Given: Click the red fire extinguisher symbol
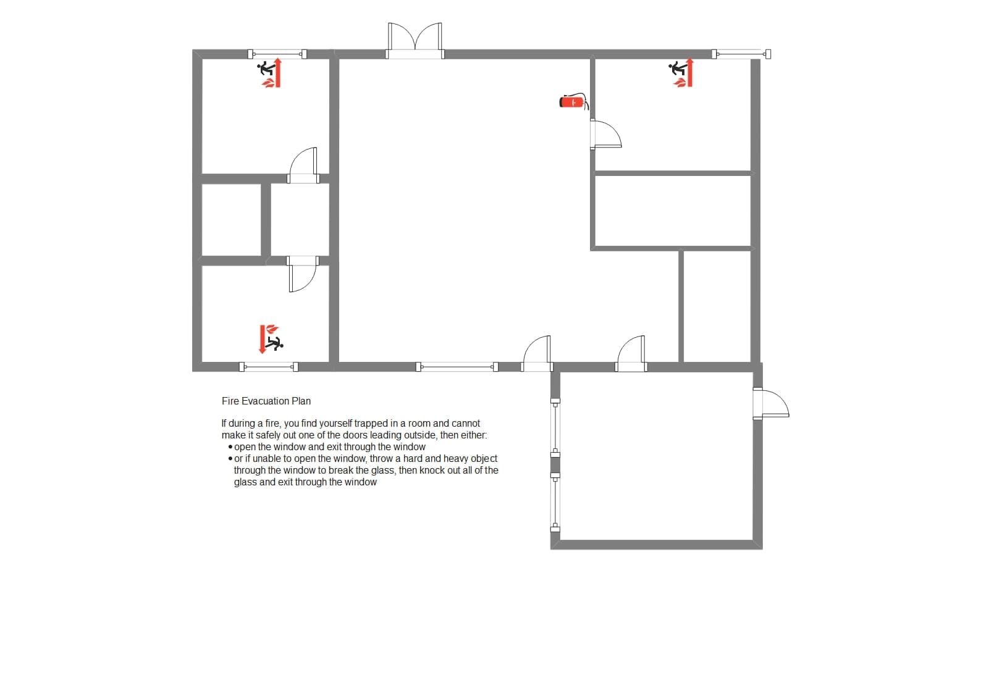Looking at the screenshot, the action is [x=574, y=102].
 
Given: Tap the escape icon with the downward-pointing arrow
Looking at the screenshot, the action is [x=271, y=339].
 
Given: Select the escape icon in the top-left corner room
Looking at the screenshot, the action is [x=269, y=73].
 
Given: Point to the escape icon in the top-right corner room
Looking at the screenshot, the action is [x=681, y=73].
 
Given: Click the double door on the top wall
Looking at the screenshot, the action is [x=415, y=41].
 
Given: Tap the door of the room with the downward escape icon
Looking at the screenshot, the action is [x=303, y=274].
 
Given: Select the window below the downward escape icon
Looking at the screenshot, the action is [x=269, y=367].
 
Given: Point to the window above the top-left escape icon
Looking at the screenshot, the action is [x=277, y=54].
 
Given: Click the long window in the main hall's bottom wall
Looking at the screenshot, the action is [x=457, y=367].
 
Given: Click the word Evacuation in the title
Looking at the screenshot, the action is [x=264, y=401].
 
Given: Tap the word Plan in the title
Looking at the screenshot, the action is [x=301, y=401].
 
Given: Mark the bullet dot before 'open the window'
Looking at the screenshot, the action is [x=230, y=447].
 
